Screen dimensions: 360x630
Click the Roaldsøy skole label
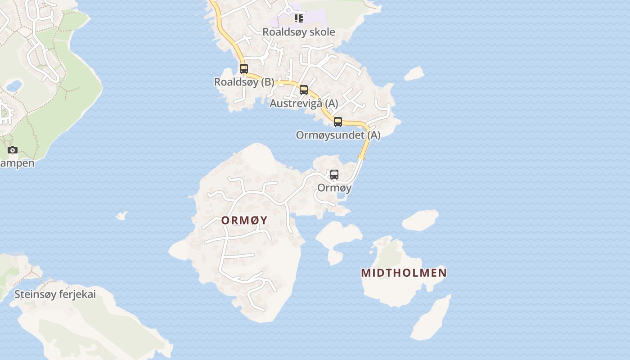click(299, 32)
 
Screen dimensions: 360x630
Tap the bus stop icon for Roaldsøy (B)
click(244, 69)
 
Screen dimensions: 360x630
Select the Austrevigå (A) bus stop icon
click(304, 90)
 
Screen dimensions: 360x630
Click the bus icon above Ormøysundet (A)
click(338, 121)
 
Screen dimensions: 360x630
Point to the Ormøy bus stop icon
click(334, 175)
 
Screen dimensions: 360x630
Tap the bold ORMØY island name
click(244, 220)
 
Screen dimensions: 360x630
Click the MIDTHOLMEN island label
click(404, 273)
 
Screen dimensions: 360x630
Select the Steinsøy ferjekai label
click(55, 295)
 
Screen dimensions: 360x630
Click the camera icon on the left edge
click(13, 150)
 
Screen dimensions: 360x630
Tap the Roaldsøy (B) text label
click(244, 82)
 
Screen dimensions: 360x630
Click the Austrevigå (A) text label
click(304, 103)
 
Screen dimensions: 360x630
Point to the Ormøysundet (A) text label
click(338, 135)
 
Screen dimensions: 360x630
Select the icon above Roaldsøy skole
click(299, 18)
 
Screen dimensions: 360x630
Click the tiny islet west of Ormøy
click(121, 216)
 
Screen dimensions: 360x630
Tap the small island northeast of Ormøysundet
click(414, 73)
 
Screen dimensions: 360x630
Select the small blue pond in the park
click(14, 85)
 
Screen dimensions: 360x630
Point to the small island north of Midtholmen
click(420, 220)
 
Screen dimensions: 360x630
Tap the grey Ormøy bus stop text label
click(334, 188)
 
